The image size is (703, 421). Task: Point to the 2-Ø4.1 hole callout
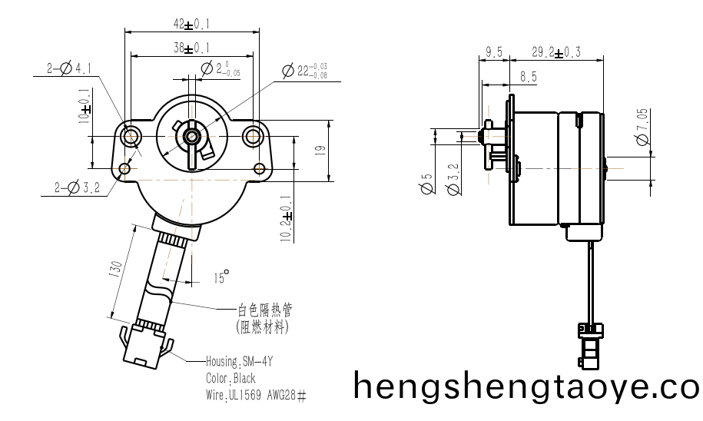[69, 69]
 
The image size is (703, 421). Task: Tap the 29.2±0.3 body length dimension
[556, 52]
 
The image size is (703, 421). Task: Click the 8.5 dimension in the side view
[529, 77]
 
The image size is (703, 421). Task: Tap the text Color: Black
[230, 378]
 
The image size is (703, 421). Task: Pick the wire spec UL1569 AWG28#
[256, 396]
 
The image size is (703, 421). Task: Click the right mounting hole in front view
[253, 137]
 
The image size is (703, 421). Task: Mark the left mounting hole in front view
[128, 137]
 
